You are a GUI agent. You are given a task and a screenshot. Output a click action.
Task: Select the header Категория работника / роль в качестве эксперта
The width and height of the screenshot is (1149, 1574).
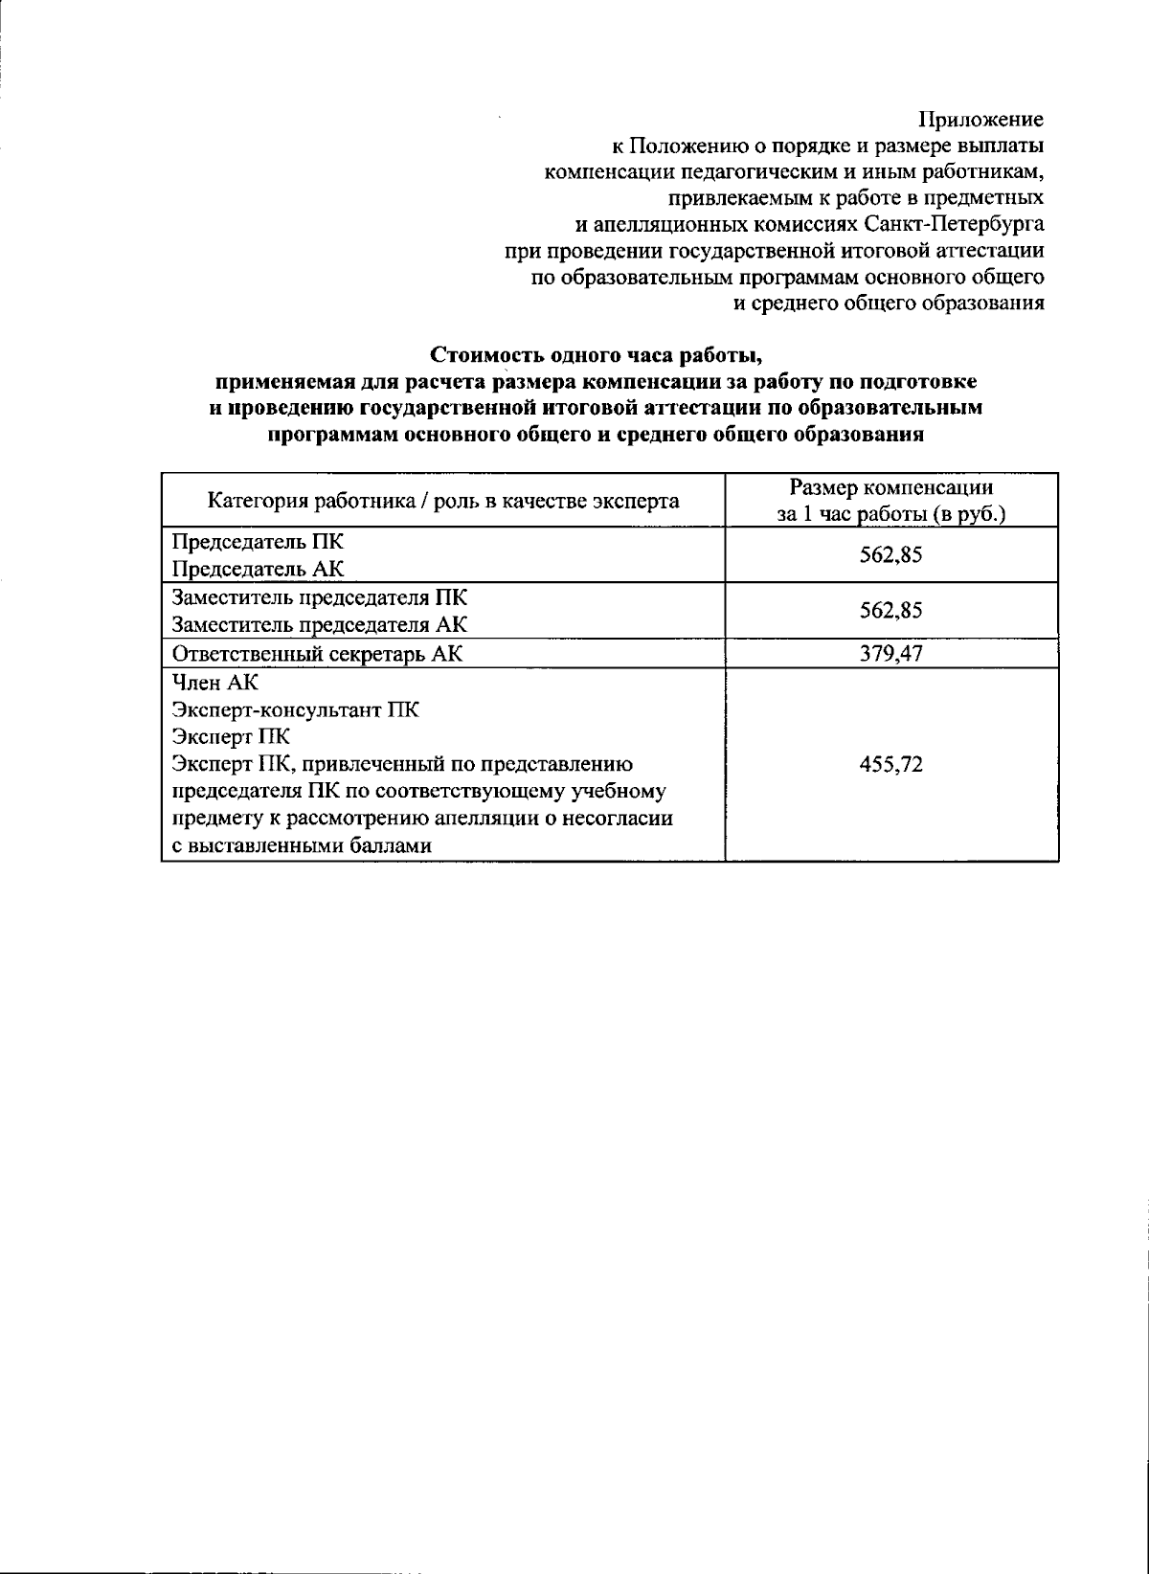coord(444,501)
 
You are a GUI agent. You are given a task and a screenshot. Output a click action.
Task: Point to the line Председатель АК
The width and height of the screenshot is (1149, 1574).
coord(259,569)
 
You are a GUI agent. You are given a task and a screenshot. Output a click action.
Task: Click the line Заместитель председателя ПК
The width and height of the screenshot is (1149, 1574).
coord(320,598)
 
